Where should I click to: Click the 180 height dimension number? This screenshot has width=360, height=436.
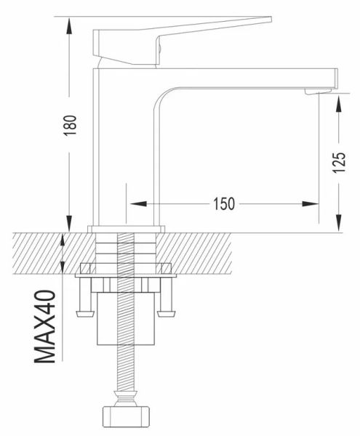coord(70,126)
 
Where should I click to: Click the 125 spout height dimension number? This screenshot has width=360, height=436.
coord(339,163)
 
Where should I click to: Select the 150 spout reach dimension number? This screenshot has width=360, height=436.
coord(224,203)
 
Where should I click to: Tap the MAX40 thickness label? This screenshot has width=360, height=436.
coord(45,326)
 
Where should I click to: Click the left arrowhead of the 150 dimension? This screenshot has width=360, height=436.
coord(138,203)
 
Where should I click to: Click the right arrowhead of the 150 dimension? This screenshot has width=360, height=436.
coord(311,203)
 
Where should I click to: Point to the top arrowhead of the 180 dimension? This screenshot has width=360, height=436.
coord(69,25)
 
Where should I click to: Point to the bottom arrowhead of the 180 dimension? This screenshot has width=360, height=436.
coord(69,223)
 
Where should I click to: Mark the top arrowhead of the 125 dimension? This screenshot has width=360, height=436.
coord(339,104)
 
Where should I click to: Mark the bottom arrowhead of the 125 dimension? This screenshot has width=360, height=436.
coord(339,223)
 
